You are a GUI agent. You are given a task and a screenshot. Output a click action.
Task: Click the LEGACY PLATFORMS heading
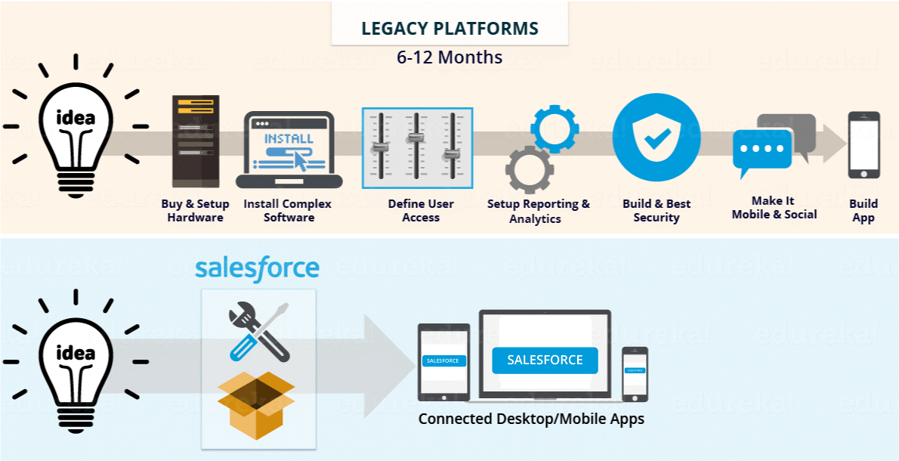click(x=449, y=29)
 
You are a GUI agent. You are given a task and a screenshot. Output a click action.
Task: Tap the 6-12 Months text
click(x=449, y=57)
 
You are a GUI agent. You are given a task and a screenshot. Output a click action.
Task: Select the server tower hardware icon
click(x=195, y=141)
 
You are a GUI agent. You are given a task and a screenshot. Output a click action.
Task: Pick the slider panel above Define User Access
click(x=418, y=148)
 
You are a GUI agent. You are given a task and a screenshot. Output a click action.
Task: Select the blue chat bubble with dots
click(x=762, y=150)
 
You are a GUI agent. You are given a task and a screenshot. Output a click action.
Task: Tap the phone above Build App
click(x=863, y=145)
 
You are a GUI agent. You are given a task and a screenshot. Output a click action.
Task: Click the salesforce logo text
click(x=257, y=268)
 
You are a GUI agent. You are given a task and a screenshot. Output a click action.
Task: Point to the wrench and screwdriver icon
click(x=258, y=330)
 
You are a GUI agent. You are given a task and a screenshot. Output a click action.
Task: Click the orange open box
click(x=256, y=404)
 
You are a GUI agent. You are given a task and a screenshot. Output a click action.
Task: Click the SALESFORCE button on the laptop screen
click(x=545, y=360)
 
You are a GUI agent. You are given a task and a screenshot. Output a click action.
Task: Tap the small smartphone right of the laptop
click(x=635, y=373)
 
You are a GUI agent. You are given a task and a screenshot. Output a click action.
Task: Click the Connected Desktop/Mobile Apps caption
click(x=531, y=419)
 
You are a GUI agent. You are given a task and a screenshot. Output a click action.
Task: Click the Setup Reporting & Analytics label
click(x=538, y=211)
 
